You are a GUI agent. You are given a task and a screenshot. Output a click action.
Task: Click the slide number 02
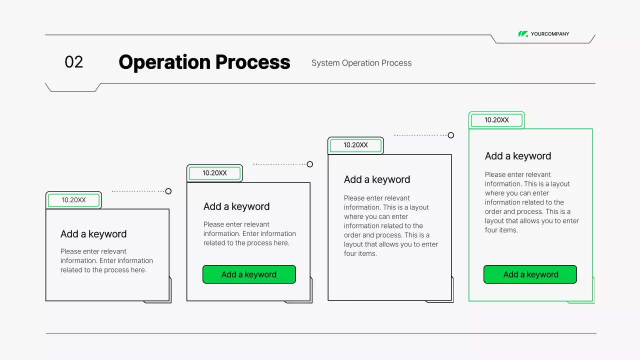tap(74, 62)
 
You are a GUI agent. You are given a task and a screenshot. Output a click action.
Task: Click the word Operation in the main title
tap(164, 62)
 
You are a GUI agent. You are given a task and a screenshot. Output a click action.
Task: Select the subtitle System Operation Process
tap(361, 63)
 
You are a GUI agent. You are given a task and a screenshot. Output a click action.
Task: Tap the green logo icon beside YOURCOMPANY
tap(523, 34)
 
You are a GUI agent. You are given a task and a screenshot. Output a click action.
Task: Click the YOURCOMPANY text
tap(550, 34)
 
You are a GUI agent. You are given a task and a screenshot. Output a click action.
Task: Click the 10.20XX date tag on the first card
tap(73, 200)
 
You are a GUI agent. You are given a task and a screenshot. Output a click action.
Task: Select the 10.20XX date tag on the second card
tap(214, 173)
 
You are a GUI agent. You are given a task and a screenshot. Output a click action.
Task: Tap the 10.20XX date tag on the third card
tap(355, 145)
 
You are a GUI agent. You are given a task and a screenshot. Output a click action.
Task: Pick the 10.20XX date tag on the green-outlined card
tap(496, 120)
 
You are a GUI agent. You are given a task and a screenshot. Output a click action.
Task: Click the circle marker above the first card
tap(168, 191)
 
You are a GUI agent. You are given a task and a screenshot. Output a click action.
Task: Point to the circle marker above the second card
tap(310, 164)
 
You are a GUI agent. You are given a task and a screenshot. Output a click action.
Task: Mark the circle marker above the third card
tap(451, 135)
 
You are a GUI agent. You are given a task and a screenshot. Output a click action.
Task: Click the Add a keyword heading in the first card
tap(93, 234)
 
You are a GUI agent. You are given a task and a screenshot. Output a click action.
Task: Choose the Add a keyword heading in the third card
tap(377, 179)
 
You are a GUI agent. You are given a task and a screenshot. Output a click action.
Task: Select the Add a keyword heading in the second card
tap(236, 206)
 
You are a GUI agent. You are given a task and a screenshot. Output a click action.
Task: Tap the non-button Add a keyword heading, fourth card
tap(518, 156)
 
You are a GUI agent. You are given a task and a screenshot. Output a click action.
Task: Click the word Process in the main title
tap(253, 62)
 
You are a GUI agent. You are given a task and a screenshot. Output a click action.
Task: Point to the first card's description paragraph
tap(106, 260)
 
